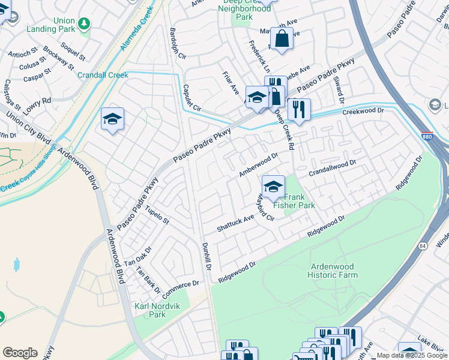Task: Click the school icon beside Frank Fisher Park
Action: [273, 187]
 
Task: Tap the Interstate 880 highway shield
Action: [427, 136]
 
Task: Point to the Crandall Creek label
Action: [103, 75]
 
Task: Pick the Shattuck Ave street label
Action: [236, 223]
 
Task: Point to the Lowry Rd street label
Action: [38, 101]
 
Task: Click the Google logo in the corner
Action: [20, 352]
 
